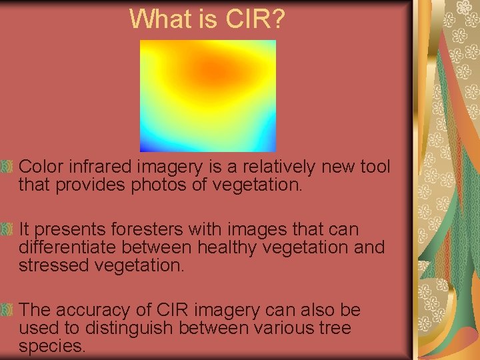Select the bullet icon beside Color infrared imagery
coord(7,165)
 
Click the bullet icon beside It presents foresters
coord(7,229)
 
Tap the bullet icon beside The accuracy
coord(7,310)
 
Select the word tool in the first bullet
coord(375,166)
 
